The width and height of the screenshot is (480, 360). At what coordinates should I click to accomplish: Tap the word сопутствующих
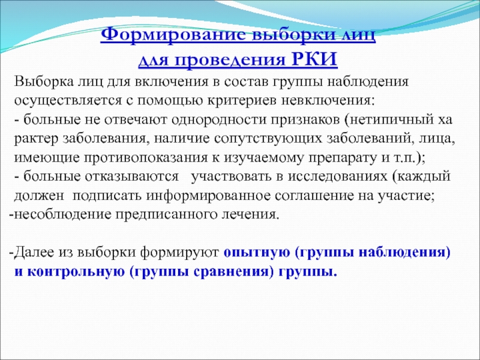268,139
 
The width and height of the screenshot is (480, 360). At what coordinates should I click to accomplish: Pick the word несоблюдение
63,215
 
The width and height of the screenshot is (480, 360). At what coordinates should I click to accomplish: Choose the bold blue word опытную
257,253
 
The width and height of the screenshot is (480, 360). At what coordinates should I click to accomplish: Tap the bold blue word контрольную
76,272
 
